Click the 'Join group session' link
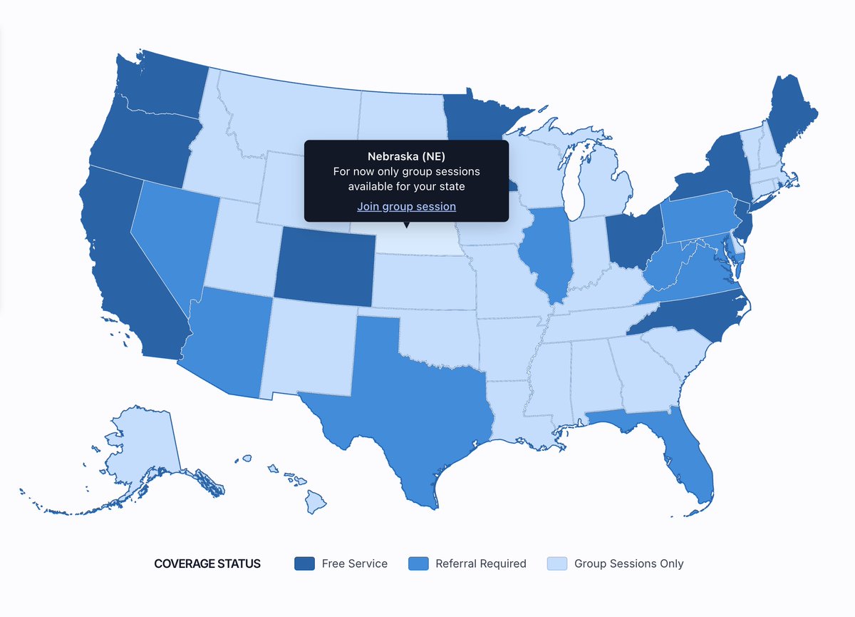[x=406, y=207]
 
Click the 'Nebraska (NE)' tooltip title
[x=406, y=156]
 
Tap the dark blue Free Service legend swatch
[x=304, y=564]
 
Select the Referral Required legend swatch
[x=418, y=564]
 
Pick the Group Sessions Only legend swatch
[x=556, y=564]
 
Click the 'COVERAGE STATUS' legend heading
[x=207, y=564]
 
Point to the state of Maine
[x=791, y=114]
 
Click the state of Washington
[x=160, y=89]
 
